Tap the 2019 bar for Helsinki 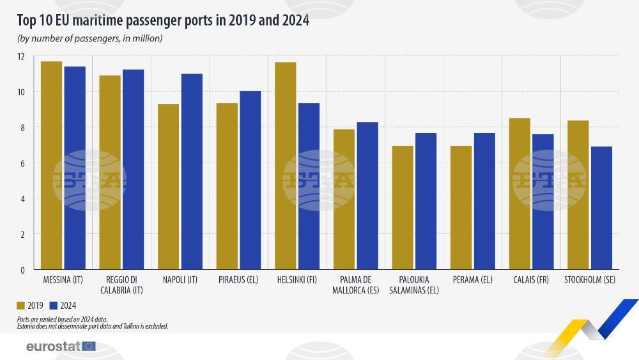(x=285, y=166)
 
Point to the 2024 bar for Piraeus (x=250, y=180)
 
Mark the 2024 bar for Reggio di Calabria (x=133, y=169)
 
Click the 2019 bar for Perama (x=461, y=207)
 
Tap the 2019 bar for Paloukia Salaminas (x=403, y=207)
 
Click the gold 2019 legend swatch (x=21, y=305)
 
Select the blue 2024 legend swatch (x=54, y=305)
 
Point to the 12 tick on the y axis (x=21, y=56)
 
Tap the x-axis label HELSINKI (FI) (x=297, y=280)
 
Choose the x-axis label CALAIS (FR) (x=531, y=280)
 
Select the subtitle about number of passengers (x=89, y=38)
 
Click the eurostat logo (x=61, y=347)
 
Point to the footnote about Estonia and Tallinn (x=93, y=326)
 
